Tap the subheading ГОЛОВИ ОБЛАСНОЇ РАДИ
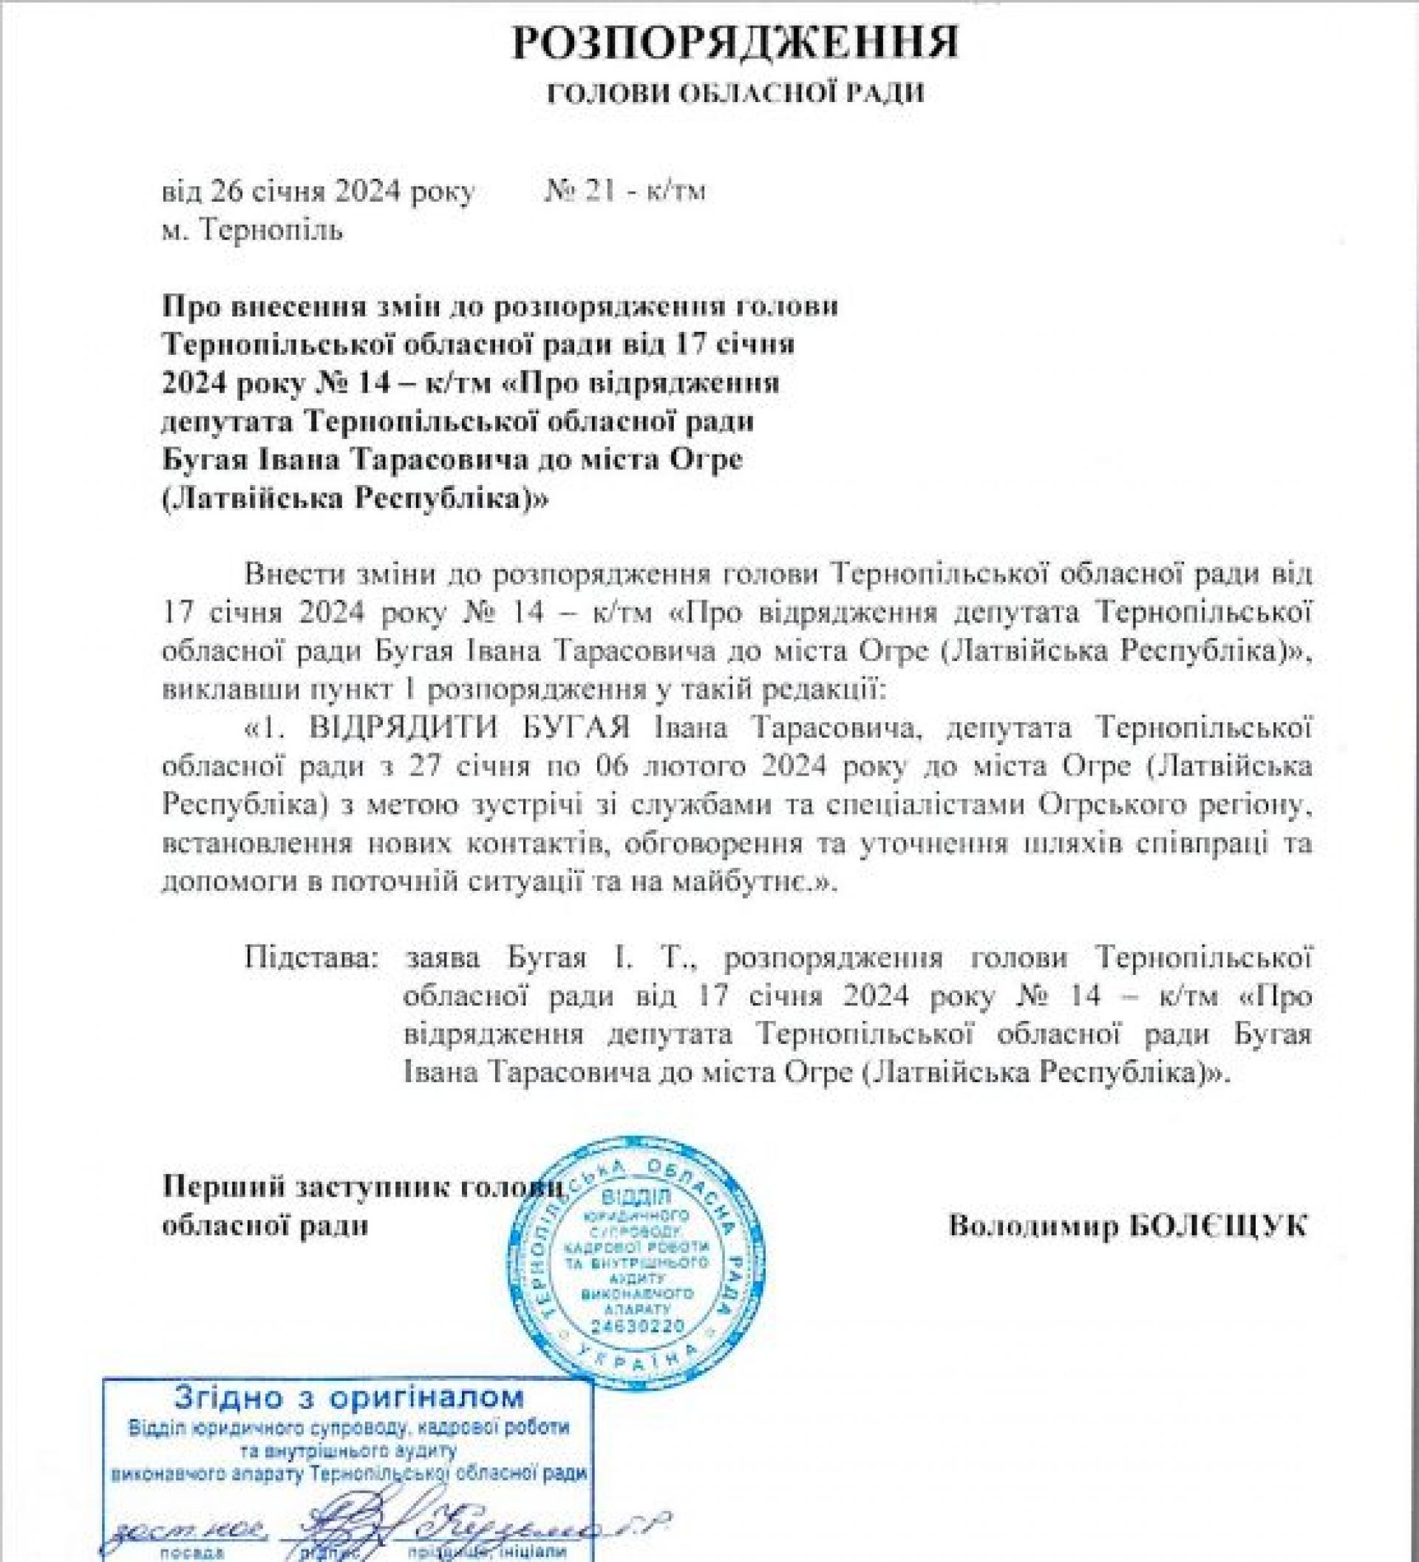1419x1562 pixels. [x=735, y=95]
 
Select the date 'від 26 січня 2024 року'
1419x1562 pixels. [x=318, y=191]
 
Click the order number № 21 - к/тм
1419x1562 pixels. [x=625, y=191]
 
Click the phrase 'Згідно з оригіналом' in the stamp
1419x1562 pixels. [x=349, y=1397]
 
